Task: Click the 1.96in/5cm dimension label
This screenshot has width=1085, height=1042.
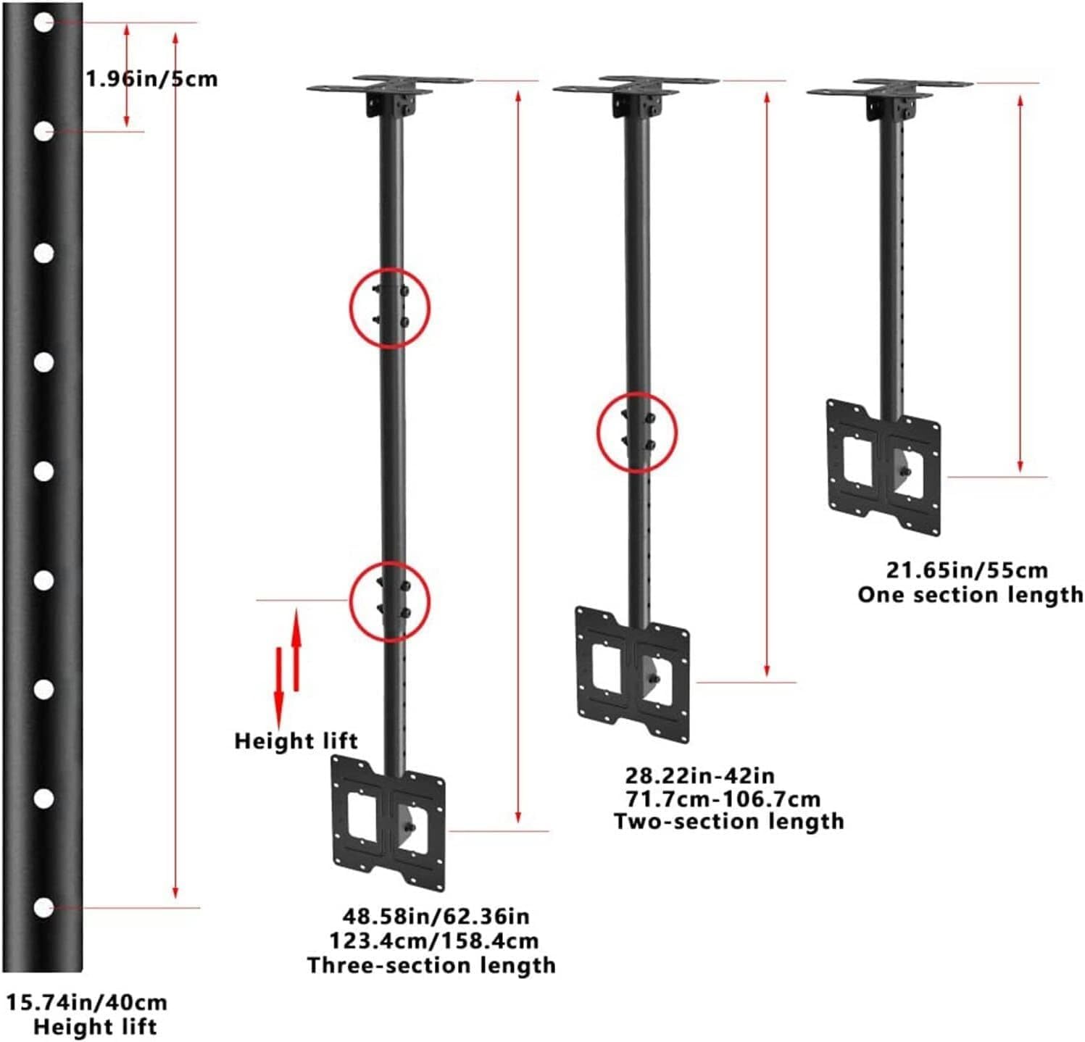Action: click(x=151, y=78)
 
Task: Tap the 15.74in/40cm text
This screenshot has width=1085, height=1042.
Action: click(x=87, y=1003)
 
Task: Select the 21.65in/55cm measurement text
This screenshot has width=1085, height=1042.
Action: click(x=967, y=570)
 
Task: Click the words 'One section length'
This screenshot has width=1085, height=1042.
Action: click(x=970, y=595)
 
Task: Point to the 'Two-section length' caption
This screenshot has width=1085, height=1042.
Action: click(x=728, y=822)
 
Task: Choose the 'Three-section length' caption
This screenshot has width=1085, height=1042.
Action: click(x=431, y=965)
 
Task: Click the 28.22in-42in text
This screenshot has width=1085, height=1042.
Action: click(x=700, y=775)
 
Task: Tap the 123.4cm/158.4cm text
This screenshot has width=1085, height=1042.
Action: click(x=434, y=941)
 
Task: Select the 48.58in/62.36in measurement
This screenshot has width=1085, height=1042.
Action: click(x=436, y=917)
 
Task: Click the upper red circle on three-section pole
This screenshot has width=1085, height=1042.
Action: click(x=391, y=308)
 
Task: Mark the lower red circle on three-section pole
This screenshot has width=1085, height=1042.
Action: click(x=390, y=601)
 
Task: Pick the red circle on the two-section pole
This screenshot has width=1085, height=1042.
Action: click(x=636, y=433)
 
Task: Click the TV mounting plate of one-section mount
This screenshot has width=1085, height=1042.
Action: click(x=884, y=467)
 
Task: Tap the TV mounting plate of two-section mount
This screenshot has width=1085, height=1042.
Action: click(x=633, y=674)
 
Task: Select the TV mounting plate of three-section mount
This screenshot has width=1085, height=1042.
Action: click(x=388, y=822)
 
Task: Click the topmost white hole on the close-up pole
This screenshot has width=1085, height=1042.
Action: click(x=43, y=22)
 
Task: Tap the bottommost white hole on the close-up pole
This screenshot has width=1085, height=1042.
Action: click(x=43, y=907)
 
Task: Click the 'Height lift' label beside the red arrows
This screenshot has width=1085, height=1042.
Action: click(x=296, y=741)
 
